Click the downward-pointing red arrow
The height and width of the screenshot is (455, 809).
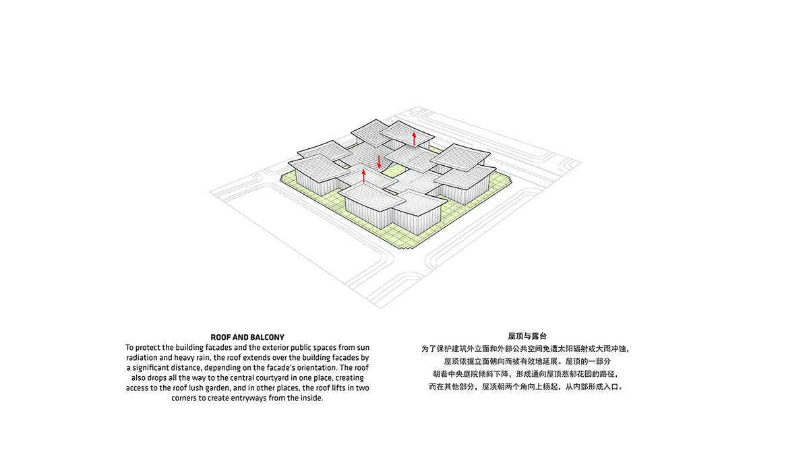coord(379,162)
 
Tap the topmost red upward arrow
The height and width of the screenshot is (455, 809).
coord(414,139)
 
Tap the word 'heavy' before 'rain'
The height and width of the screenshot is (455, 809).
coord(184,358)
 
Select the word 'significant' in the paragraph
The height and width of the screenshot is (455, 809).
coord(150,368)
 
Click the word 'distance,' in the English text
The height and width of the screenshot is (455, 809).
coord(186,368)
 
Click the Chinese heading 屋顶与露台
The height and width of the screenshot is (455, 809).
coord(527,336)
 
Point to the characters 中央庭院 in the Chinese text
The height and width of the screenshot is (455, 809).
coord(464,373)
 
